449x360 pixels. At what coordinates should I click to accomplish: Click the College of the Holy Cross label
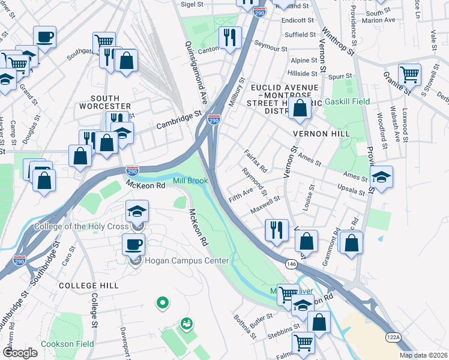click(82, 226)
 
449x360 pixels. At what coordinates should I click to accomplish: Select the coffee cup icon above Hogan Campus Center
click(133, 244)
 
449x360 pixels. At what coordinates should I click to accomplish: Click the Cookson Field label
click(67, 344)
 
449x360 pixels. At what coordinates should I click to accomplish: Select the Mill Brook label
click(190, 180)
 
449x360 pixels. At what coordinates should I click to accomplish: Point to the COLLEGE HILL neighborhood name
click(89, 286)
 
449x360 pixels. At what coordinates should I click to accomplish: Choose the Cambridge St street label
click(178, 119)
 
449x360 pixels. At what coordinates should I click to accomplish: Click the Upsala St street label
click(351, 190)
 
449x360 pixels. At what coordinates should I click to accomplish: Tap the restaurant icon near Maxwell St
click(276, 230)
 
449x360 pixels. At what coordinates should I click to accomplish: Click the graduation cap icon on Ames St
click(381, 176)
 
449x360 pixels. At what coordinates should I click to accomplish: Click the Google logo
click(20, 352)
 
